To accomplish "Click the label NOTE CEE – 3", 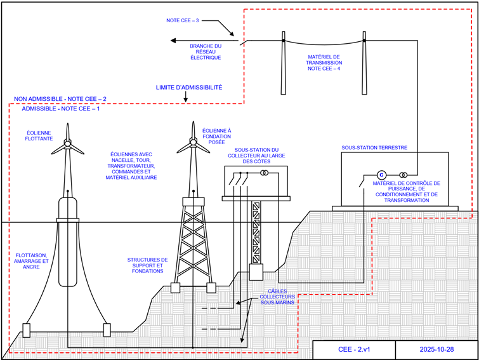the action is pyautogui.click(x=182, y=20).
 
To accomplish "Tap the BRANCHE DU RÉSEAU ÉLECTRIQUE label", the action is pyautogui.click(x=206, y=51).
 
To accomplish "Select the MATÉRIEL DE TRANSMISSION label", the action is pyautogui.click(x=324, y=63).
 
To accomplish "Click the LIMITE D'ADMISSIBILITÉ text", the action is pyautogui.click(x=189, y=88).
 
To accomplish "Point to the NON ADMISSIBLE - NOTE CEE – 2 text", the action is pyautogui.click(x=60, y=99).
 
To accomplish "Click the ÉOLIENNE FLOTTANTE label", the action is pyautogui.click(x=39, y=136).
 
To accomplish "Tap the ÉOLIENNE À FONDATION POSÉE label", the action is pyautogui.click(x=216, y=137).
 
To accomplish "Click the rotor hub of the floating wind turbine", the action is pyautogui.click(x=67, y=143).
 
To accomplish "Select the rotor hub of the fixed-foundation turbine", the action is pyautogui.click(x=193, y=142).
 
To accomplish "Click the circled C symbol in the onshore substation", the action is pyautogui.click(x=381, y=175).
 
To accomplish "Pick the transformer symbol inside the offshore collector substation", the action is pyautogui.click(x=265, y=173).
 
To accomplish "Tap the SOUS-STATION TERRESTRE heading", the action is pyautogui.click(x=374, y=147).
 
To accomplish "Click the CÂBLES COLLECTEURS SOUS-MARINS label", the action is pyautogui.click(x=277, y=297).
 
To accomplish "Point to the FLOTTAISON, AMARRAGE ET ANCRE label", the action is pyautogui.click(x=31, y=261).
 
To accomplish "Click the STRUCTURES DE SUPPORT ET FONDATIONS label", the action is pyautogui.click(x=148, y=265).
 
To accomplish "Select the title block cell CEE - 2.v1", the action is pyautogui.click(x=354, y=349).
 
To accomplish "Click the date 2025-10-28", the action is pyautogui.click(x=436, y=349).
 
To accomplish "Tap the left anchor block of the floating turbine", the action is pyautogui.click(x=27, y=330).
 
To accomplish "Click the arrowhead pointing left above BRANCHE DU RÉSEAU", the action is pyautogui.click(x=173, y=41).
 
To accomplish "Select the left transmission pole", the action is pyautogui.click(x=284, y=63).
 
